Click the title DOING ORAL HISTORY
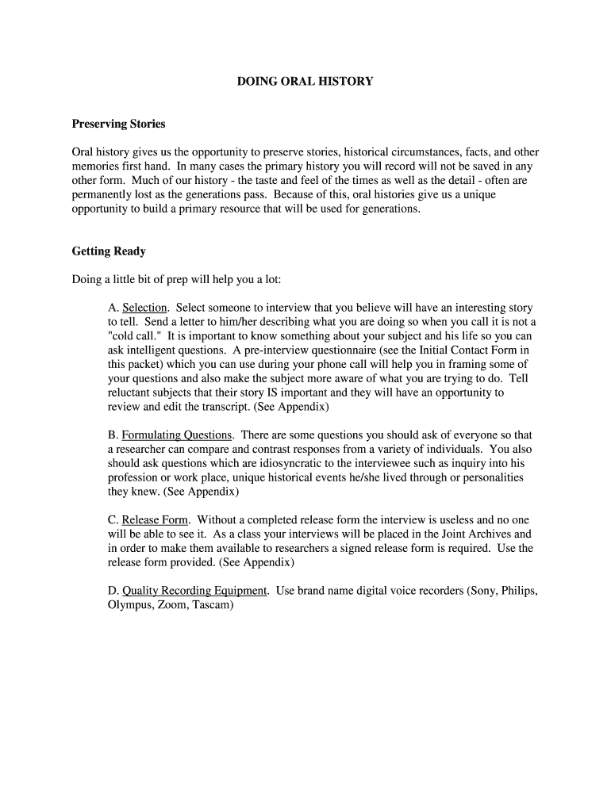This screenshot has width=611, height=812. point(305,81)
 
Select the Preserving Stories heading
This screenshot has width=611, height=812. point(119,124)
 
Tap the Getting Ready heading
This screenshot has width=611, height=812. point(109,251)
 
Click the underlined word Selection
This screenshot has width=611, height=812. point(144,308)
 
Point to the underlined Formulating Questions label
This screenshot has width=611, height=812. point(177,435)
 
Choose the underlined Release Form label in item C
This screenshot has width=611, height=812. point(155,520)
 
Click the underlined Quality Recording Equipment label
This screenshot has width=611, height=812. point(194,591)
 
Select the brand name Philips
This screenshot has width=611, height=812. point(519,591)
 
